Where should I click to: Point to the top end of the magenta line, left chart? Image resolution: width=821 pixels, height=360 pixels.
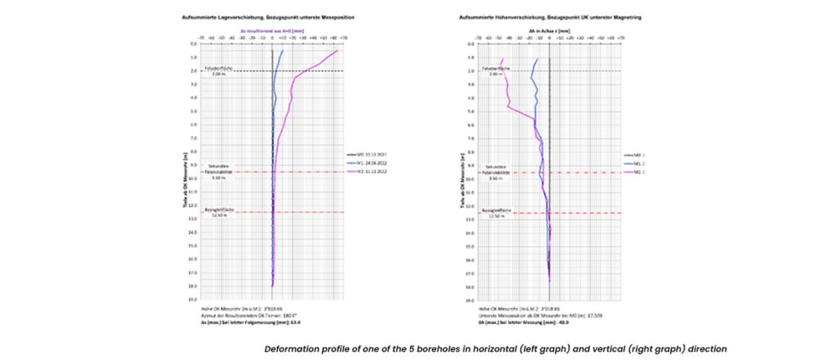coord(337,50)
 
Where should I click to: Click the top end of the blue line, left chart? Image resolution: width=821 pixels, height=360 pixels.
coord(283,50)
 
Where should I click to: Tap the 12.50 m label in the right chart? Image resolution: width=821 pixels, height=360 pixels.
coord(496,215)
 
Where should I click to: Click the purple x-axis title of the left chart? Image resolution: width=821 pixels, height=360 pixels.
coord(272,30)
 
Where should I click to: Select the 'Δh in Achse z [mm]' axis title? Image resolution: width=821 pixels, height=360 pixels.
coord(549,30)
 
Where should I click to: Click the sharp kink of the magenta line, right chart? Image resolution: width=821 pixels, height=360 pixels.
coord(508,107)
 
